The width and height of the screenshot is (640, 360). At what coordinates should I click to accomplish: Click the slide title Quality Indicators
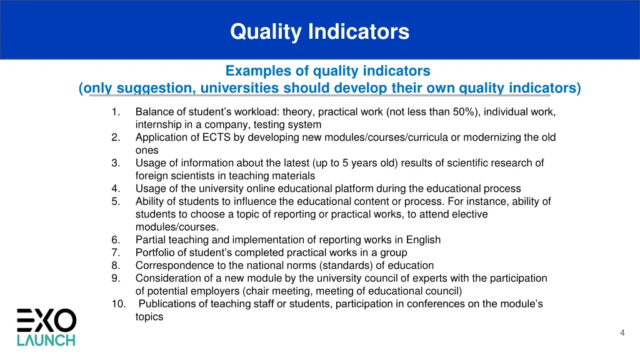click(319, 31)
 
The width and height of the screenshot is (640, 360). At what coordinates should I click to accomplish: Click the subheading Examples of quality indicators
click(327, 71)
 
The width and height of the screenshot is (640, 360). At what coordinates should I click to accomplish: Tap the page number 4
click(622, 332)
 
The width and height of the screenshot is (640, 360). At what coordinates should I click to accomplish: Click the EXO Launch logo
click(46, 327)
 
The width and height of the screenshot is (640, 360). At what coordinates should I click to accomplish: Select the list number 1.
click(116, 112)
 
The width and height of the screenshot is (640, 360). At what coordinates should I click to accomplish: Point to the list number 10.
click(118, 304)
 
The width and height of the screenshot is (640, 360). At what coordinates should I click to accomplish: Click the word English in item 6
click(422, 239)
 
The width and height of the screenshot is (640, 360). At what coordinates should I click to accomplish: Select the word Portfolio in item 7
click(155, 252)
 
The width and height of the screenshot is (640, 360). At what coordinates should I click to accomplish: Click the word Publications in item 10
click(166, 304)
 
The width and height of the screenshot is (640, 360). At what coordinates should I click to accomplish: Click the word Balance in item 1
click(154, 112)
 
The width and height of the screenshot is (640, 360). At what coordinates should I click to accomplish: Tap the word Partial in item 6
click(151, 239)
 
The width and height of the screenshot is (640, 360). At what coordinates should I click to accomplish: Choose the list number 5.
click(116, 201)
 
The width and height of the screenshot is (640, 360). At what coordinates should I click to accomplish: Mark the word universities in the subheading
click(237, 88)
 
